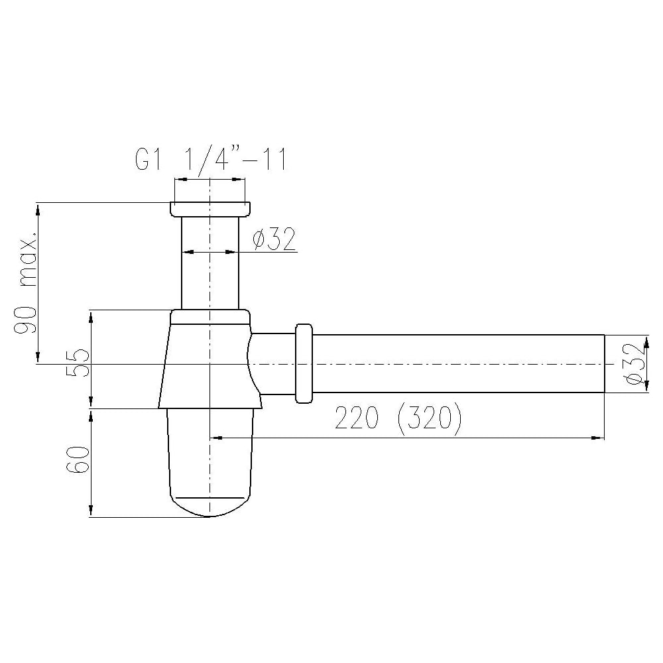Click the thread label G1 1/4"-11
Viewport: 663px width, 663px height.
coord(211,159)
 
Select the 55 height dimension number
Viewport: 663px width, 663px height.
coord(78,363)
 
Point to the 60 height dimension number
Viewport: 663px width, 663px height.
coord(78,459)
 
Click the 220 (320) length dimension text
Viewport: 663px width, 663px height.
coord(398,418)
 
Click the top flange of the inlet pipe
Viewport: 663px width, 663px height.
coord(210,210)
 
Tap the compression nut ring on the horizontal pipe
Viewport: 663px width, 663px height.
coord(304,363)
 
